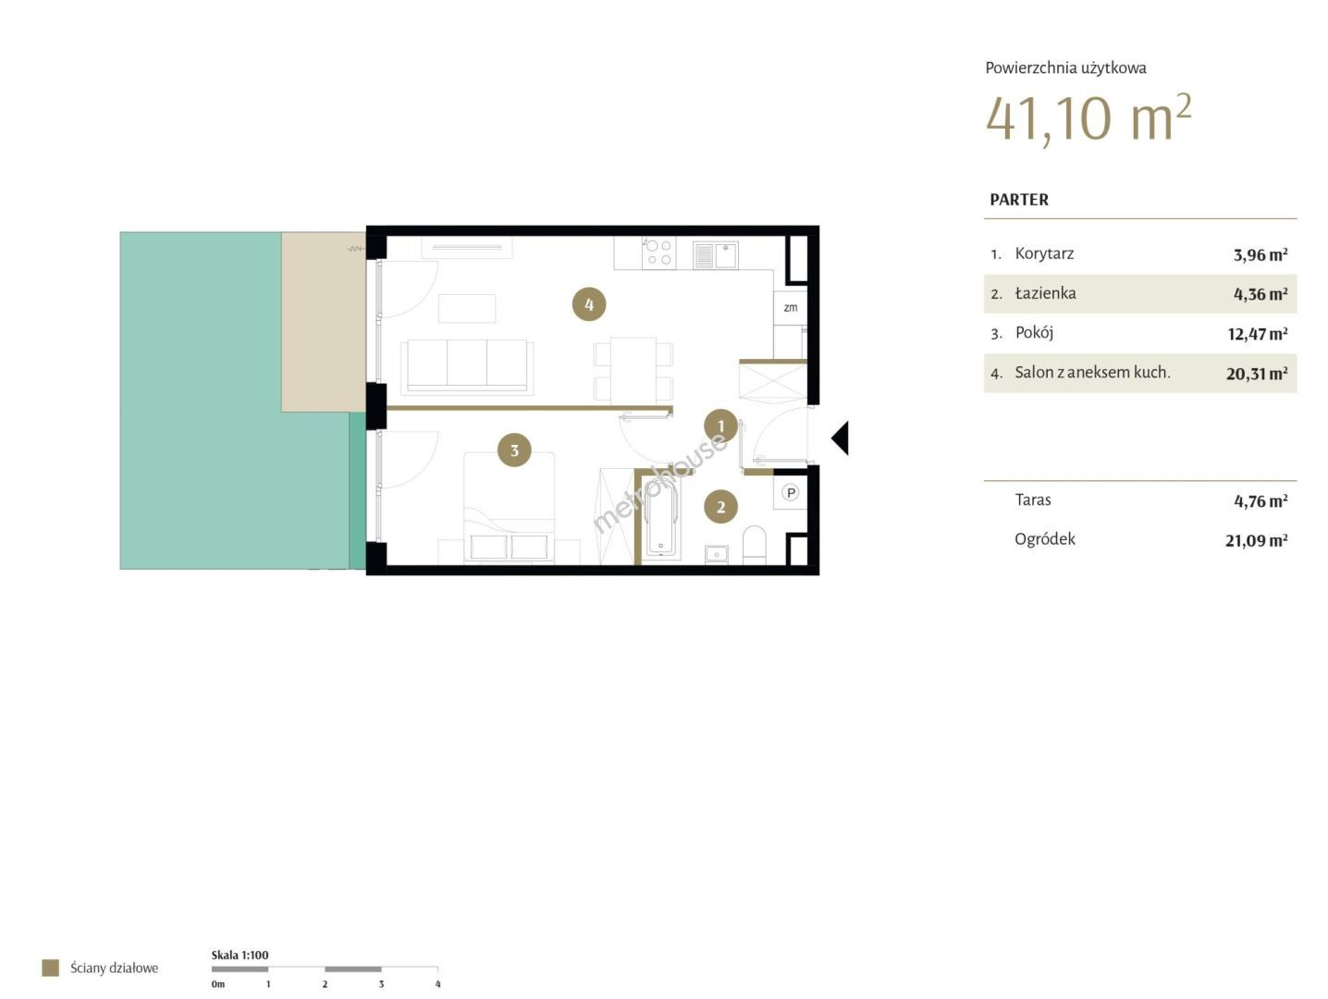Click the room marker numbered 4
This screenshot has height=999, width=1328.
point(589,304)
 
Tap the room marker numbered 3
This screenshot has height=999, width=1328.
point(514,450)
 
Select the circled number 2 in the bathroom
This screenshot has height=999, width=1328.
point(720,507)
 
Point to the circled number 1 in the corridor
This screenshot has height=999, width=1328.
point(720,426)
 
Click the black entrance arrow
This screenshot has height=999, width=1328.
point(841,438)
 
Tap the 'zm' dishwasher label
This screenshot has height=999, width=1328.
point(790,308)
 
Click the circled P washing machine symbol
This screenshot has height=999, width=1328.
point(790,493)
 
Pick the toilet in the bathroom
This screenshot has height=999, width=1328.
point(754,544)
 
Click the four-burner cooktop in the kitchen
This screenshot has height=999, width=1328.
point(658,253)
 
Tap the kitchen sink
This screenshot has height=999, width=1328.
point(715,255)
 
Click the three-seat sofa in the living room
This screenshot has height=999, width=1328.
point(467,366)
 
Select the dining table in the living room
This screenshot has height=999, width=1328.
point(633,370)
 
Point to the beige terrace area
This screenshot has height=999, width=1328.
point(324,322)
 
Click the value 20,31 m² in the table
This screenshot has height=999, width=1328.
point(1257,374)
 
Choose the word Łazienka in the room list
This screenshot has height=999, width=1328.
point(1045,293)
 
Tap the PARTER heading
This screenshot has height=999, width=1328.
point(1019,200)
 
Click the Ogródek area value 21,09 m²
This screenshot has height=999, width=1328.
point(1256,540)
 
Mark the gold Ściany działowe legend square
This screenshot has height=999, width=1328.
point(50,968)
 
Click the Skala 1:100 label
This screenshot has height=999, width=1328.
point(240,955)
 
